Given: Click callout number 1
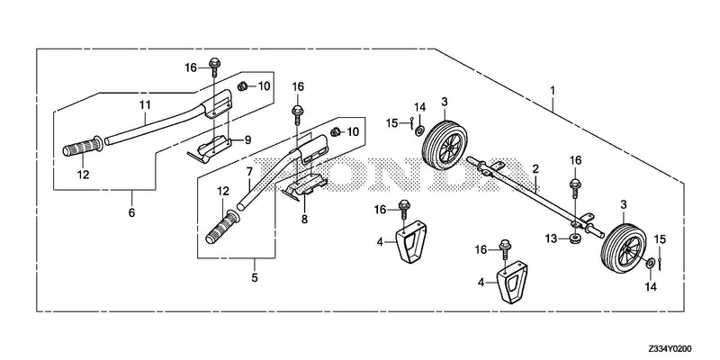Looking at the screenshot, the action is coord(553,90).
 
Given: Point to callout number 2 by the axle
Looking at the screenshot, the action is coord(535,169).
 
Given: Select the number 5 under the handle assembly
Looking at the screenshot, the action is coord(255,277).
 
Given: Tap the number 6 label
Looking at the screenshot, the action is coord(131,213).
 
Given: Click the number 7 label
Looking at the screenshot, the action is coord(249,172).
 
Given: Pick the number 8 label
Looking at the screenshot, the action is coord(304,220).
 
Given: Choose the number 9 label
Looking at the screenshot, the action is coord(248,140).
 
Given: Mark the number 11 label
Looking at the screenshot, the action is coord(145,104).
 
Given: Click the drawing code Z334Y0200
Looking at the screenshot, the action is coord(670,349).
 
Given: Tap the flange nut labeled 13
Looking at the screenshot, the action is coord(574,238).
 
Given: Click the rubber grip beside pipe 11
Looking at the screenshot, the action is coord(83,147).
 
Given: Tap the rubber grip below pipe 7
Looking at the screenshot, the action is coord(223,228).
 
